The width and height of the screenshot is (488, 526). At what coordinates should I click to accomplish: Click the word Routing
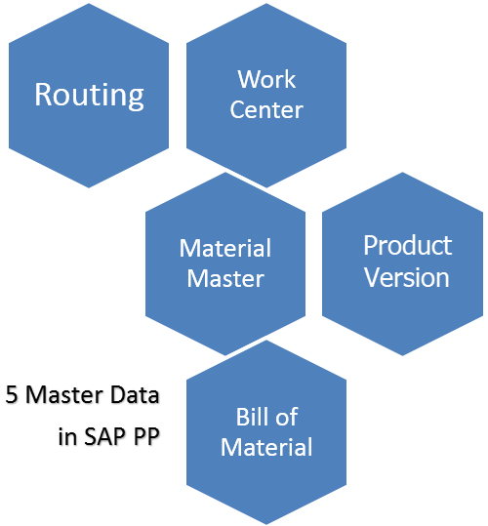pos(89,95)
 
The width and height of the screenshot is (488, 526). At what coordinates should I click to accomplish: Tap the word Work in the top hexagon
pos(266,78)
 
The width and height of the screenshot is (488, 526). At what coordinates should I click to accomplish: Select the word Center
pos(266,109)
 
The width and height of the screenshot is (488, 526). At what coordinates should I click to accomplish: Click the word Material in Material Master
pos(225,248)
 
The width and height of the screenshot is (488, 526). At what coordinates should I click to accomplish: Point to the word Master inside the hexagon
pos(225,278)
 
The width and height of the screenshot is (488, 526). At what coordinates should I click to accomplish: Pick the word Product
pos(407,244)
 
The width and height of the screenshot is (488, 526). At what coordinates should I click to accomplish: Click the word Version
pos(407,277)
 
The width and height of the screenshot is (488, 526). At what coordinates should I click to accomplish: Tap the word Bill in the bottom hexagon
pos(252,417)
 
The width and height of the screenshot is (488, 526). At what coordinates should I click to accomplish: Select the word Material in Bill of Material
pos(266,448)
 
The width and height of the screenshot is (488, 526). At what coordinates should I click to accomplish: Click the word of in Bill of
pos(286,417)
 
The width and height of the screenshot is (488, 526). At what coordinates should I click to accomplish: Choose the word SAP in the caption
pos(102,436)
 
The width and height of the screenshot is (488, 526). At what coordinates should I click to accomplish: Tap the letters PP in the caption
pos(143,436)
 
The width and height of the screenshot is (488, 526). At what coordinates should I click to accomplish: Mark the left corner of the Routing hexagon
pos(9,94)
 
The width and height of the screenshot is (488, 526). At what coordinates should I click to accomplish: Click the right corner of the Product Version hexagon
pos(483,262)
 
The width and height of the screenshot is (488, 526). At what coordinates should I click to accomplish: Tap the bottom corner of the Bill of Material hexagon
pos(266,523)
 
